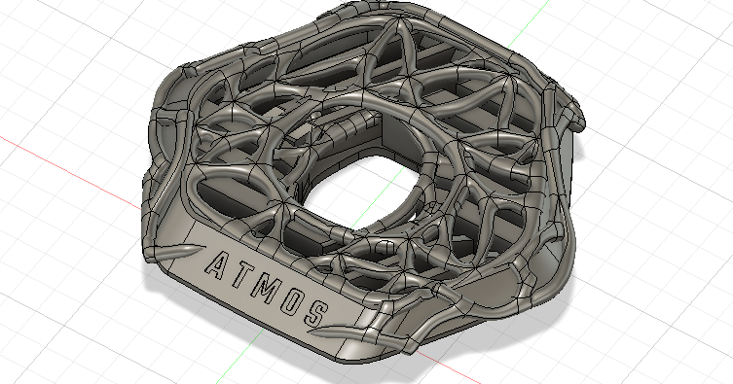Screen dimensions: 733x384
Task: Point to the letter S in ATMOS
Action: tap(316, 312)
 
